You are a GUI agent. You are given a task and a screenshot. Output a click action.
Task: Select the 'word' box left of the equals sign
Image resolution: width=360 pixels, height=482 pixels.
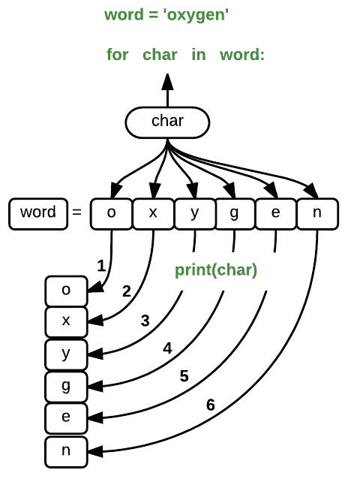(x=37, y=213)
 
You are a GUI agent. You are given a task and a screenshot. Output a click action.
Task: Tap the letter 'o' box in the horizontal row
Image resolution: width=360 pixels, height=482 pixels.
(x=111, y=213)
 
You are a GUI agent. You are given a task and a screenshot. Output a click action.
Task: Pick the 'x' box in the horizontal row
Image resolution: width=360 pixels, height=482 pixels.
(x=153, y=213)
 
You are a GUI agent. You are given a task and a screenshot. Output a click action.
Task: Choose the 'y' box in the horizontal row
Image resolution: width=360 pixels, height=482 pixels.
(x=194, y=213)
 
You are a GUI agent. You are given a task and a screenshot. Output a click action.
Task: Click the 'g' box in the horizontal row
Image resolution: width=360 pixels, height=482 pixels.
(x=235, y=213)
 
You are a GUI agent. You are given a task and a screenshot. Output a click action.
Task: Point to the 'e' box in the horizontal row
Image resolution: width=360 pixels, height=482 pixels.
(x=276, y=213)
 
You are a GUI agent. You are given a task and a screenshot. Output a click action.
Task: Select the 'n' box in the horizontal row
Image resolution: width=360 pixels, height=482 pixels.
(x=317, y=213)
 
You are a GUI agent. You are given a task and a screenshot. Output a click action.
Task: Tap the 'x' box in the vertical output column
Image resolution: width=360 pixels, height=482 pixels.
(x=66, y=321)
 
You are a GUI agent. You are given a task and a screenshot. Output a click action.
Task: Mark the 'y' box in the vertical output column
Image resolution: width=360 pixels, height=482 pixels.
(x=66, y=353)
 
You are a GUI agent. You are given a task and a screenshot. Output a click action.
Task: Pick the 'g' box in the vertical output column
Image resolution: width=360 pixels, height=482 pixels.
(x=66, y=384)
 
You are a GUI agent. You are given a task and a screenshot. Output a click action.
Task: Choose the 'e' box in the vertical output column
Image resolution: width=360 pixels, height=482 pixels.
(x=66, y=417)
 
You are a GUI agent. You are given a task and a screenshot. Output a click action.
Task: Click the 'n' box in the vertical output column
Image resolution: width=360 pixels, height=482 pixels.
(x=66, y=450)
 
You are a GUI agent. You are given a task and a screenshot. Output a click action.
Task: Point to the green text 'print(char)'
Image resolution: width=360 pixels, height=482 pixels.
(x=216, y=270)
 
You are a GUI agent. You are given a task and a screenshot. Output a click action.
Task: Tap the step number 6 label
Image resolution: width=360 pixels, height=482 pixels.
(x=210, y=405)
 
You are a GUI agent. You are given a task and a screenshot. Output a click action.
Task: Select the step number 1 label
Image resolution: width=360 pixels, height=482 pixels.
(x=101, y=265)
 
